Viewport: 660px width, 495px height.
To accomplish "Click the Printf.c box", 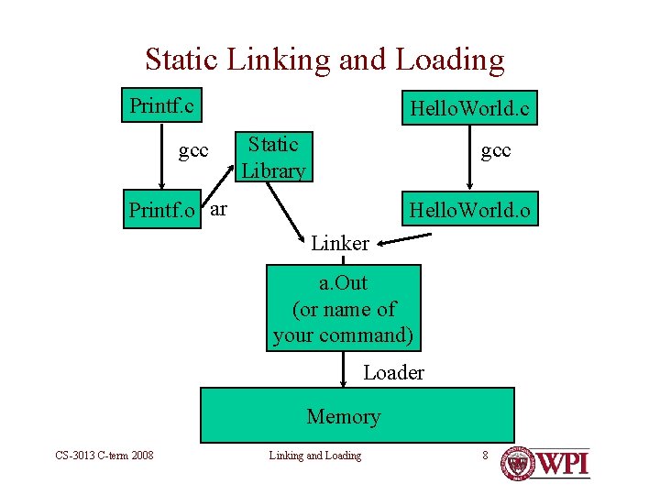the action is coord(162,105).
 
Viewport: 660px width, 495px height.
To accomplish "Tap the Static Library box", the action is coord(273,157).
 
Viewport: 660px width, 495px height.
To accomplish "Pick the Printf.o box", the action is coord(162,210).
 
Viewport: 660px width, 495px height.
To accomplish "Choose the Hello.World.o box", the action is coord(469,210).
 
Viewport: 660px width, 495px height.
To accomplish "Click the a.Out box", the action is coord(343,308).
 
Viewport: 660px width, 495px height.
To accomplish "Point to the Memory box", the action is coord(357,415).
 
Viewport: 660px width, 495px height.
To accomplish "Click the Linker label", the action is coord(339,244).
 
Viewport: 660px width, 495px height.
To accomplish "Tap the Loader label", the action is coord(393,372).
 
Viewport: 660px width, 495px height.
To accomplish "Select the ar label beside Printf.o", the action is coord(218,208).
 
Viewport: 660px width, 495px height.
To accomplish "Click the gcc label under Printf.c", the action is coord(193,150).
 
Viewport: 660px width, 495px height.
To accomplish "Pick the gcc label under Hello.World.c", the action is coord(496,149).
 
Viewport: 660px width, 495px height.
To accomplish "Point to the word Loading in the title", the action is coord(450,60).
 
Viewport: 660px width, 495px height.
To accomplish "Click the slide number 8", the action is coord(485,455).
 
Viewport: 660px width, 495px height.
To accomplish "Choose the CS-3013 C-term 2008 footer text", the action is coord(104,456).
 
